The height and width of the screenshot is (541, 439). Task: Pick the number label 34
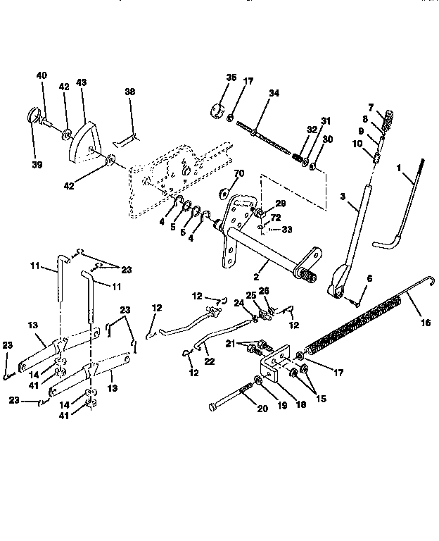coord(273,93)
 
